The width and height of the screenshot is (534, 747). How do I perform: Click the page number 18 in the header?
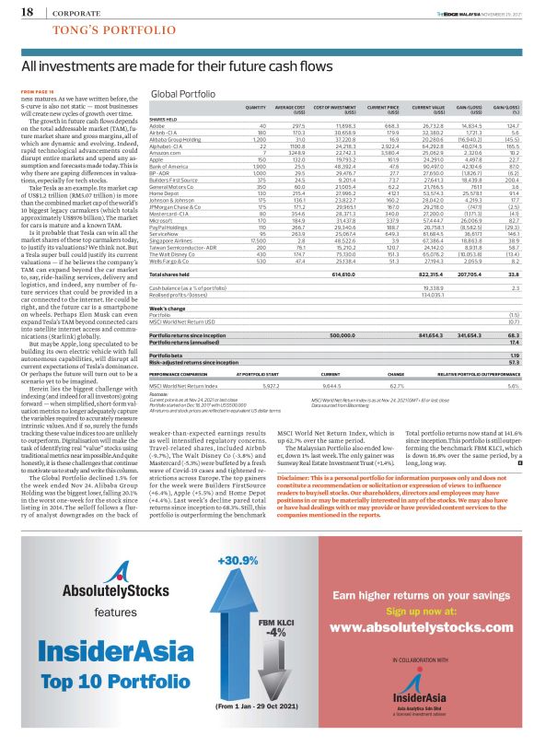tap(25, 12)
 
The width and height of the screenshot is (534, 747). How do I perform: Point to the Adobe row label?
tap(158, 124)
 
